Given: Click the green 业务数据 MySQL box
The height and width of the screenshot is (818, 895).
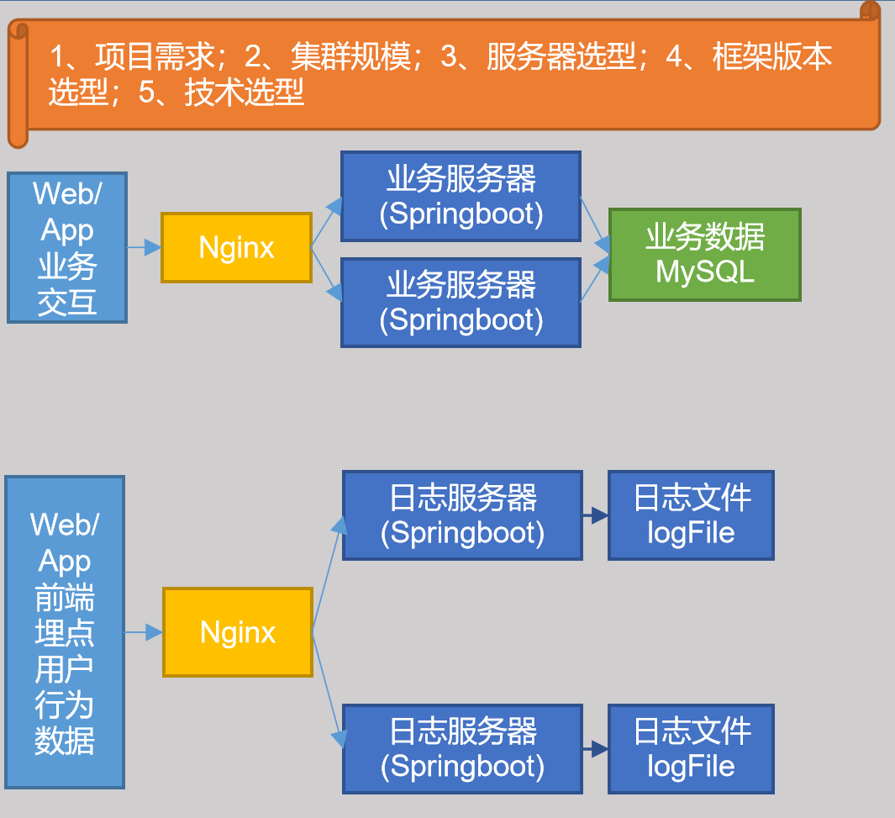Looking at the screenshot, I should [704, 255].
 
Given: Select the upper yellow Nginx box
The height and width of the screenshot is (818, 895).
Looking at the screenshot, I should [236, 248].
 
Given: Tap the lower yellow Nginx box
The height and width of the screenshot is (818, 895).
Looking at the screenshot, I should [238, 632].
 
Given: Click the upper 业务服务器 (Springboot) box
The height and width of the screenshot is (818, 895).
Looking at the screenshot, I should [461, 196].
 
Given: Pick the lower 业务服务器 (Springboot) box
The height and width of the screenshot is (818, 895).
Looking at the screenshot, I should [461, 303].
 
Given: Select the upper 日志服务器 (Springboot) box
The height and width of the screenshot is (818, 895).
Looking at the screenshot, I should [462, 515].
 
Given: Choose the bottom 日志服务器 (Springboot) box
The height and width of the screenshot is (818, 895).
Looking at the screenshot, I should [462, 748].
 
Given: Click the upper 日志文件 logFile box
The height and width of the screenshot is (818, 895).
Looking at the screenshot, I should [691, 515].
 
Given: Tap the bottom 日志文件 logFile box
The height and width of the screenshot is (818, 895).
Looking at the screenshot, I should [691, 748].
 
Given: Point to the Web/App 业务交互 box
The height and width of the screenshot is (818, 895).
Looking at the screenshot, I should [67, 248].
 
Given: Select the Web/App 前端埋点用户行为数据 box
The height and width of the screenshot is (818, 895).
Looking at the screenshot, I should [65, 632].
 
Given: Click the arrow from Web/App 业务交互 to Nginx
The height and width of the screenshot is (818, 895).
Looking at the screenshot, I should [144, 248].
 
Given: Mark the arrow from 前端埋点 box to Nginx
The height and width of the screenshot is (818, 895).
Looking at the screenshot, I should [144, 632].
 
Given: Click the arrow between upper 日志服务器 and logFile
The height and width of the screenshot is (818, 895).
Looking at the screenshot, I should [595, 515].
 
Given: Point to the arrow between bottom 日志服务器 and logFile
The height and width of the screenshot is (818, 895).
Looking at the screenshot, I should [595, 748].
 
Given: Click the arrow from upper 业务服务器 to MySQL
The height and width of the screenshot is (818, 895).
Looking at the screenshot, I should [595, 221].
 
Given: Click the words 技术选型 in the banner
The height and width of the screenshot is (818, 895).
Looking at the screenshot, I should [244, 93].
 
